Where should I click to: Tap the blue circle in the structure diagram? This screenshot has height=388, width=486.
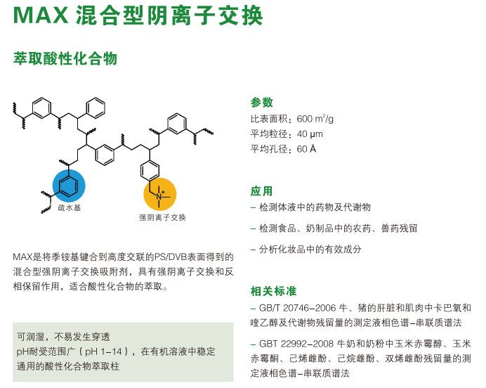click(69, 186)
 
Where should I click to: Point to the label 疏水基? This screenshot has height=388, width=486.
click(69, 208)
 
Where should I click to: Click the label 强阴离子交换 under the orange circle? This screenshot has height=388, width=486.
click(162, 218)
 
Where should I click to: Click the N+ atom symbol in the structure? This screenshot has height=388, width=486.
click(159, 197)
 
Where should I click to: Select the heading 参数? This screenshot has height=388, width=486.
click(262, 102)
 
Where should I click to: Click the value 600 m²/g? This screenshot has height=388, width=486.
click(315, 117)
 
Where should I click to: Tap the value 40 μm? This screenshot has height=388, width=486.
click(310, 134)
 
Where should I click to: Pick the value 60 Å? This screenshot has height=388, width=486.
click(307, 149)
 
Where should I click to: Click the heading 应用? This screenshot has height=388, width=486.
click(262, 191)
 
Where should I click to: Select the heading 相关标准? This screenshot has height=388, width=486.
click(274, 291)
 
